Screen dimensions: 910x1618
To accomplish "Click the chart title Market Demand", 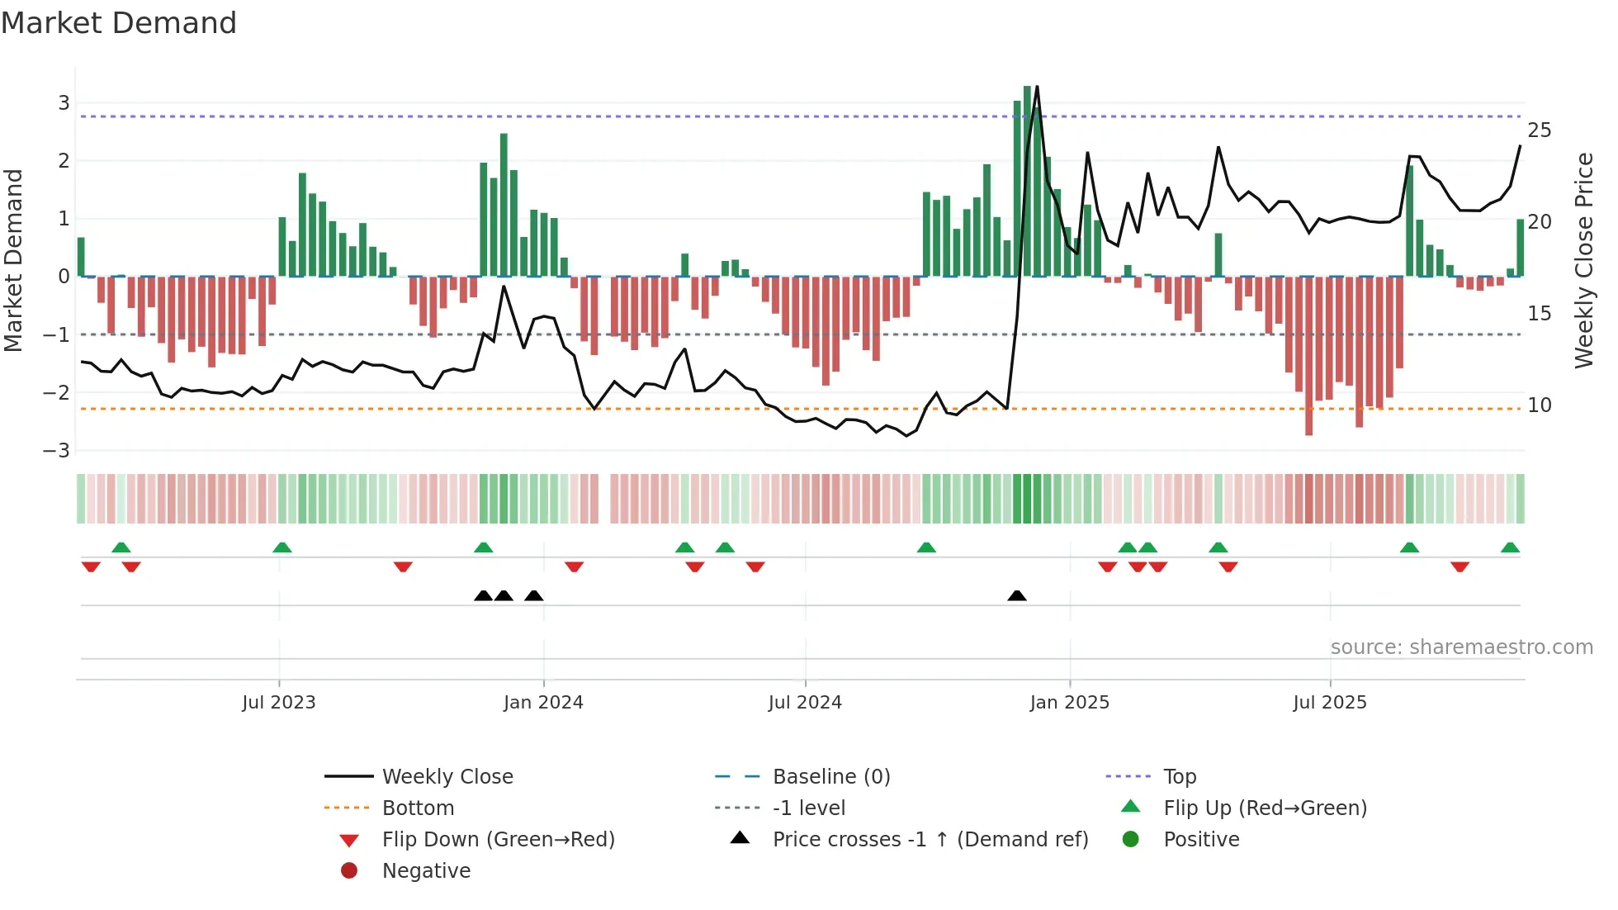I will (x=119, y=23).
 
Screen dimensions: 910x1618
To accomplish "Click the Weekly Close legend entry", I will (x=447, y=776).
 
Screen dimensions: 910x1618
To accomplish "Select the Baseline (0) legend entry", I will (x=830, y=776).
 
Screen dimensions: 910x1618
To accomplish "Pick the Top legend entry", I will (x=1179, y=776).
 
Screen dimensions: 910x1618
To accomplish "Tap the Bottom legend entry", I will (x=418, y=808).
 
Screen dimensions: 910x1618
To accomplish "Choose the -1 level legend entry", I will (x=808, y=808).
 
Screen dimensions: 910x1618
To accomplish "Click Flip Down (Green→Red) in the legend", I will (x=498, y=839).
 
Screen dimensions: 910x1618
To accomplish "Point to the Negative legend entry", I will (x=426, y=870).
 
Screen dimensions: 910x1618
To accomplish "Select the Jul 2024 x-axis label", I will (x=805, y=702).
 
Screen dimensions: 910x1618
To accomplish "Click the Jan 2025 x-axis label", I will (x=1069, y=702).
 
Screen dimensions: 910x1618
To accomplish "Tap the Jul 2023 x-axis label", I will (x=279, y=702).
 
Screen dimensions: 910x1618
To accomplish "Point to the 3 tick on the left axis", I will (x=64, y=103).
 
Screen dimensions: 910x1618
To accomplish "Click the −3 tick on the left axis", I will (x=57, y=450).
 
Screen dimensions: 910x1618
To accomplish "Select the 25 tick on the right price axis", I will (x=1540, y=130).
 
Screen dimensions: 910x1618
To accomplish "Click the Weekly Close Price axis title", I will (x=1583, y=260).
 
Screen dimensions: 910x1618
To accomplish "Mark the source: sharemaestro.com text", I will (x=1461, y=647).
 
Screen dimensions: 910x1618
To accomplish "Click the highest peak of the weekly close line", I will (x=1037, y=87).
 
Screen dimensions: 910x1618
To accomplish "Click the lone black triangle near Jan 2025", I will (x=1017, y=595).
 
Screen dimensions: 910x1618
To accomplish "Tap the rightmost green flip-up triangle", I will (x=1510, y=547).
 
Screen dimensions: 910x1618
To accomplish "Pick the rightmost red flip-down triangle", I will (x=1460, y=566).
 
